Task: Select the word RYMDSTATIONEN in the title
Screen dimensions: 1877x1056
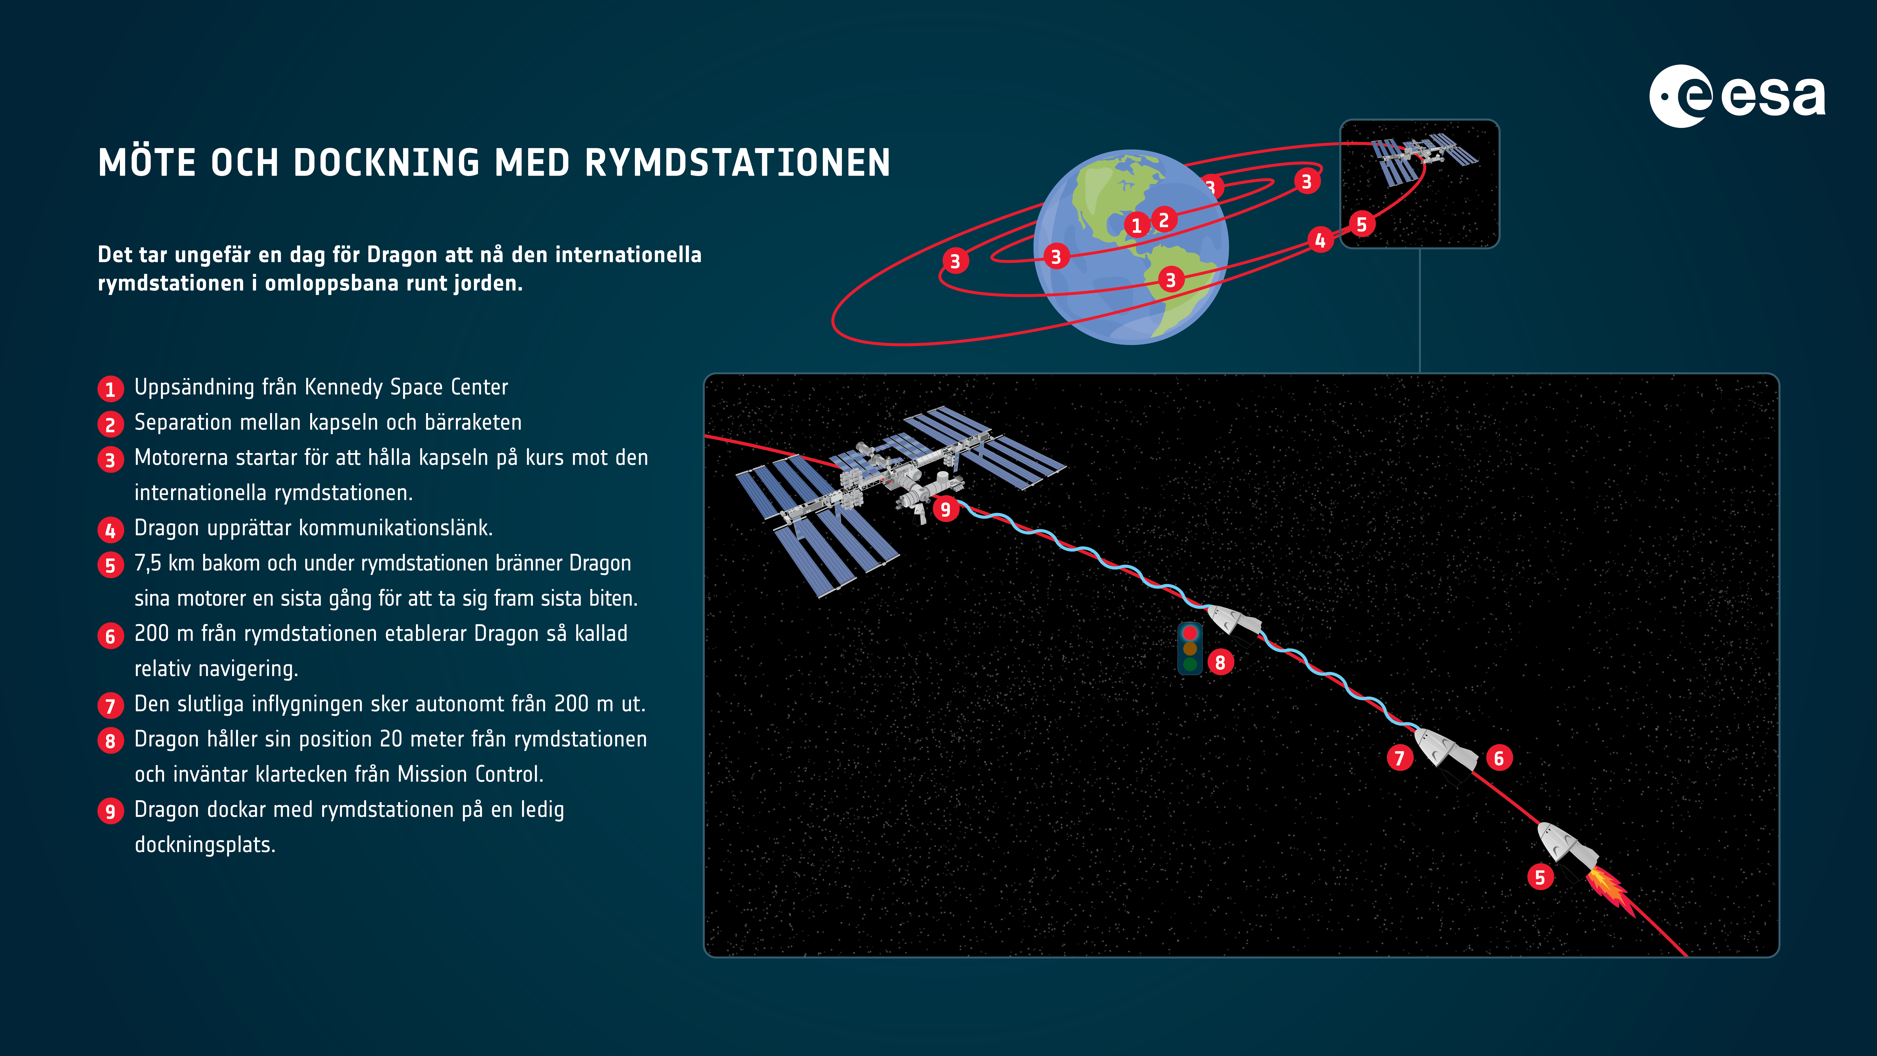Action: pyautogui.click(x=737, y=163)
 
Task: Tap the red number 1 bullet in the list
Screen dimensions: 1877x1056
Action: pyautogui.click(x=110, y=388)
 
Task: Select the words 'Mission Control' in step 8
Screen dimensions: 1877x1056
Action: pyautogui.click(x=469, y=774)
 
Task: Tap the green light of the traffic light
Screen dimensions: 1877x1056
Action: pyautogui.click(x=1190, y=664)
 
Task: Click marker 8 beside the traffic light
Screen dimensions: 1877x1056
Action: pyautogui.click(x=1221, y=662)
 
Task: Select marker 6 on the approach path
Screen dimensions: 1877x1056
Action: pyautogui.click(x=1499, y=758)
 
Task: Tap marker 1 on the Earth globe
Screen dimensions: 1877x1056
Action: pyautogui.click(x=1137, y=225)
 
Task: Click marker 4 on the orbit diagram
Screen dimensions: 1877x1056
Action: pyautogui.click(x=1320, y=240)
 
